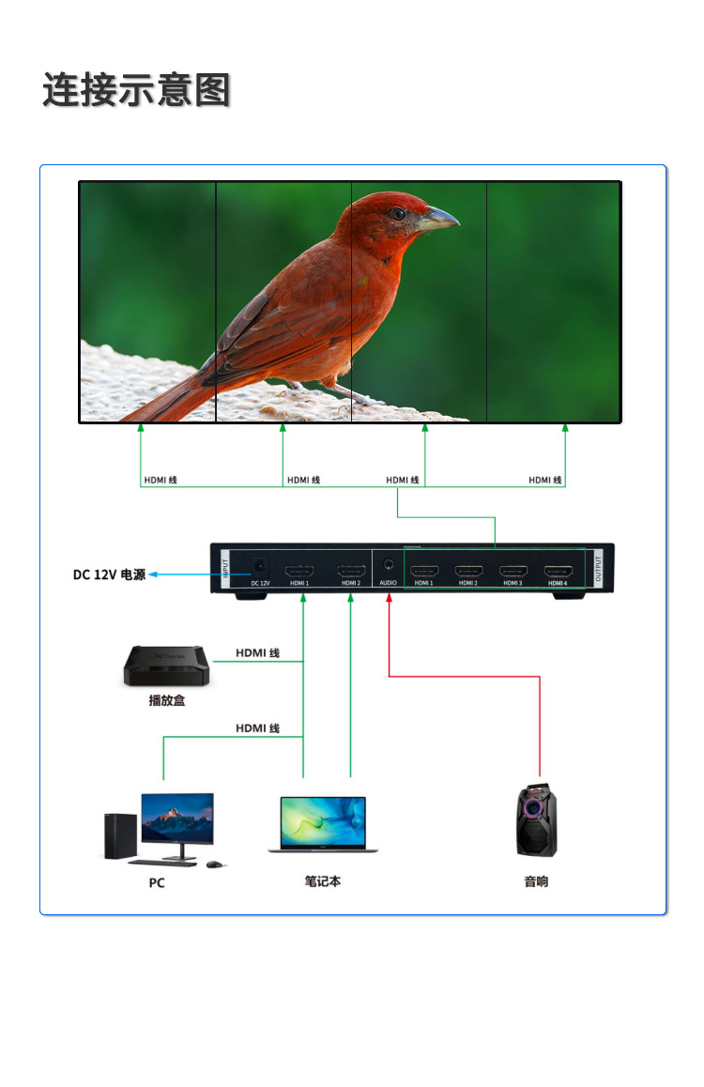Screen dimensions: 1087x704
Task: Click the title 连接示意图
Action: [x=136, y=91]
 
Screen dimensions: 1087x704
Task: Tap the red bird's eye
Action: [x=399, y=214]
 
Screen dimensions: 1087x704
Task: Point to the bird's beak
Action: [x=439, y=221]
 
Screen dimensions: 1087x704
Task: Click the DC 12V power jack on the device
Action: [x=260, y=567]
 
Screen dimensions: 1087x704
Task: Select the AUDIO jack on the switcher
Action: [x=388, y=567]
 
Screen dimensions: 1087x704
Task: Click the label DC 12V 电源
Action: [x=109, y=574]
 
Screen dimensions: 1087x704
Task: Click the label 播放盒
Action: [x=167, y=700]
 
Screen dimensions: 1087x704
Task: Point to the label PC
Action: [x=157, y=883]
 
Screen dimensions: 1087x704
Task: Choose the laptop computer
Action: [x=323, y=824]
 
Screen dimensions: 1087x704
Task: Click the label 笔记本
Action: [x=323, y=882]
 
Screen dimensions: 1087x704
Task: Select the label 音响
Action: [x=536, y=882]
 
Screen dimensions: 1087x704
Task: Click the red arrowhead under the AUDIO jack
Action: [x=388, y=598]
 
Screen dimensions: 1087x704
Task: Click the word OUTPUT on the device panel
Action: [x=599, y=570]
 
